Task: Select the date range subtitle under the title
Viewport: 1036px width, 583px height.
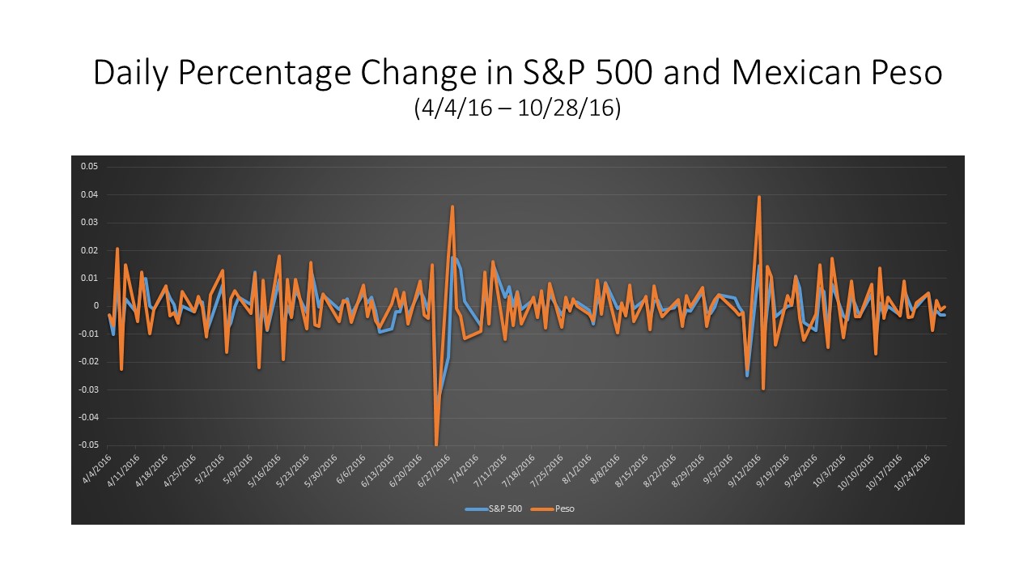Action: point(517,108)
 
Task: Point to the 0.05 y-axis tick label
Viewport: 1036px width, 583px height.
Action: point(89,167)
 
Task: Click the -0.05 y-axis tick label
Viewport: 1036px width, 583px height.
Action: point(87,445)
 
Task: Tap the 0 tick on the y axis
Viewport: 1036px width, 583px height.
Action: point(96,306)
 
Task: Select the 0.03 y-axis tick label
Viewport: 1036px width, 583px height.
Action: point(89,223)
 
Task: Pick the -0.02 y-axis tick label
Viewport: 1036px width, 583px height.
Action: point(87,362)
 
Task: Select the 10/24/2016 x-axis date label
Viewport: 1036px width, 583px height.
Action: point(912,470)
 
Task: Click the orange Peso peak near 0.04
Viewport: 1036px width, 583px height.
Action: point(759,197)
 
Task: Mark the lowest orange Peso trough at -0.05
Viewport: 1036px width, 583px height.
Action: point(436,444)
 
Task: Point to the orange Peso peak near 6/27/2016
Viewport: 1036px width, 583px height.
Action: point(452,206)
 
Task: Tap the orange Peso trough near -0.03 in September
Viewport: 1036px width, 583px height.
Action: point(763,389)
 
